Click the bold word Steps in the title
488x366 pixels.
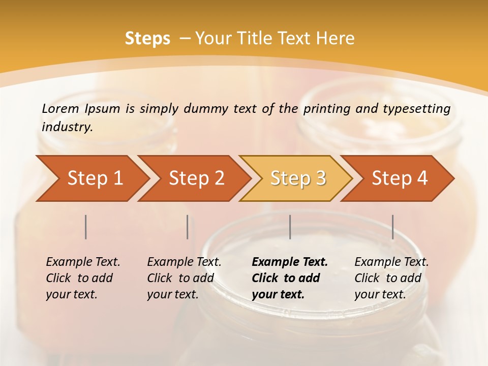point(147,39)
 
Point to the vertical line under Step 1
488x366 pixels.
point(86,227)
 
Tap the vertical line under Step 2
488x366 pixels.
point(188,227)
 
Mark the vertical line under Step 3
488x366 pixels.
point(290,227)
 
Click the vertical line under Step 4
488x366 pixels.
point(392,227)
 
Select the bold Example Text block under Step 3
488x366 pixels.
point(290,278)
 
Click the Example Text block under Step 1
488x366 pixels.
point(83,278)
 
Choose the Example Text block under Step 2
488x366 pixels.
point(184,278)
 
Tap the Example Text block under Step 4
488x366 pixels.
point(391,278)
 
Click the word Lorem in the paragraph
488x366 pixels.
point(60,109)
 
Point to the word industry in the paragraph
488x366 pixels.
point(67,127)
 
